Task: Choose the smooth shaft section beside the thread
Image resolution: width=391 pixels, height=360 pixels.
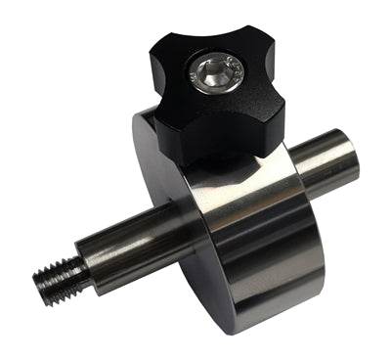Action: pyautogui.click(x=127, y=250)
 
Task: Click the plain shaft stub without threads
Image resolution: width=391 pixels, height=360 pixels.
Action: pyautogui.click(x=323, y=161)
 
